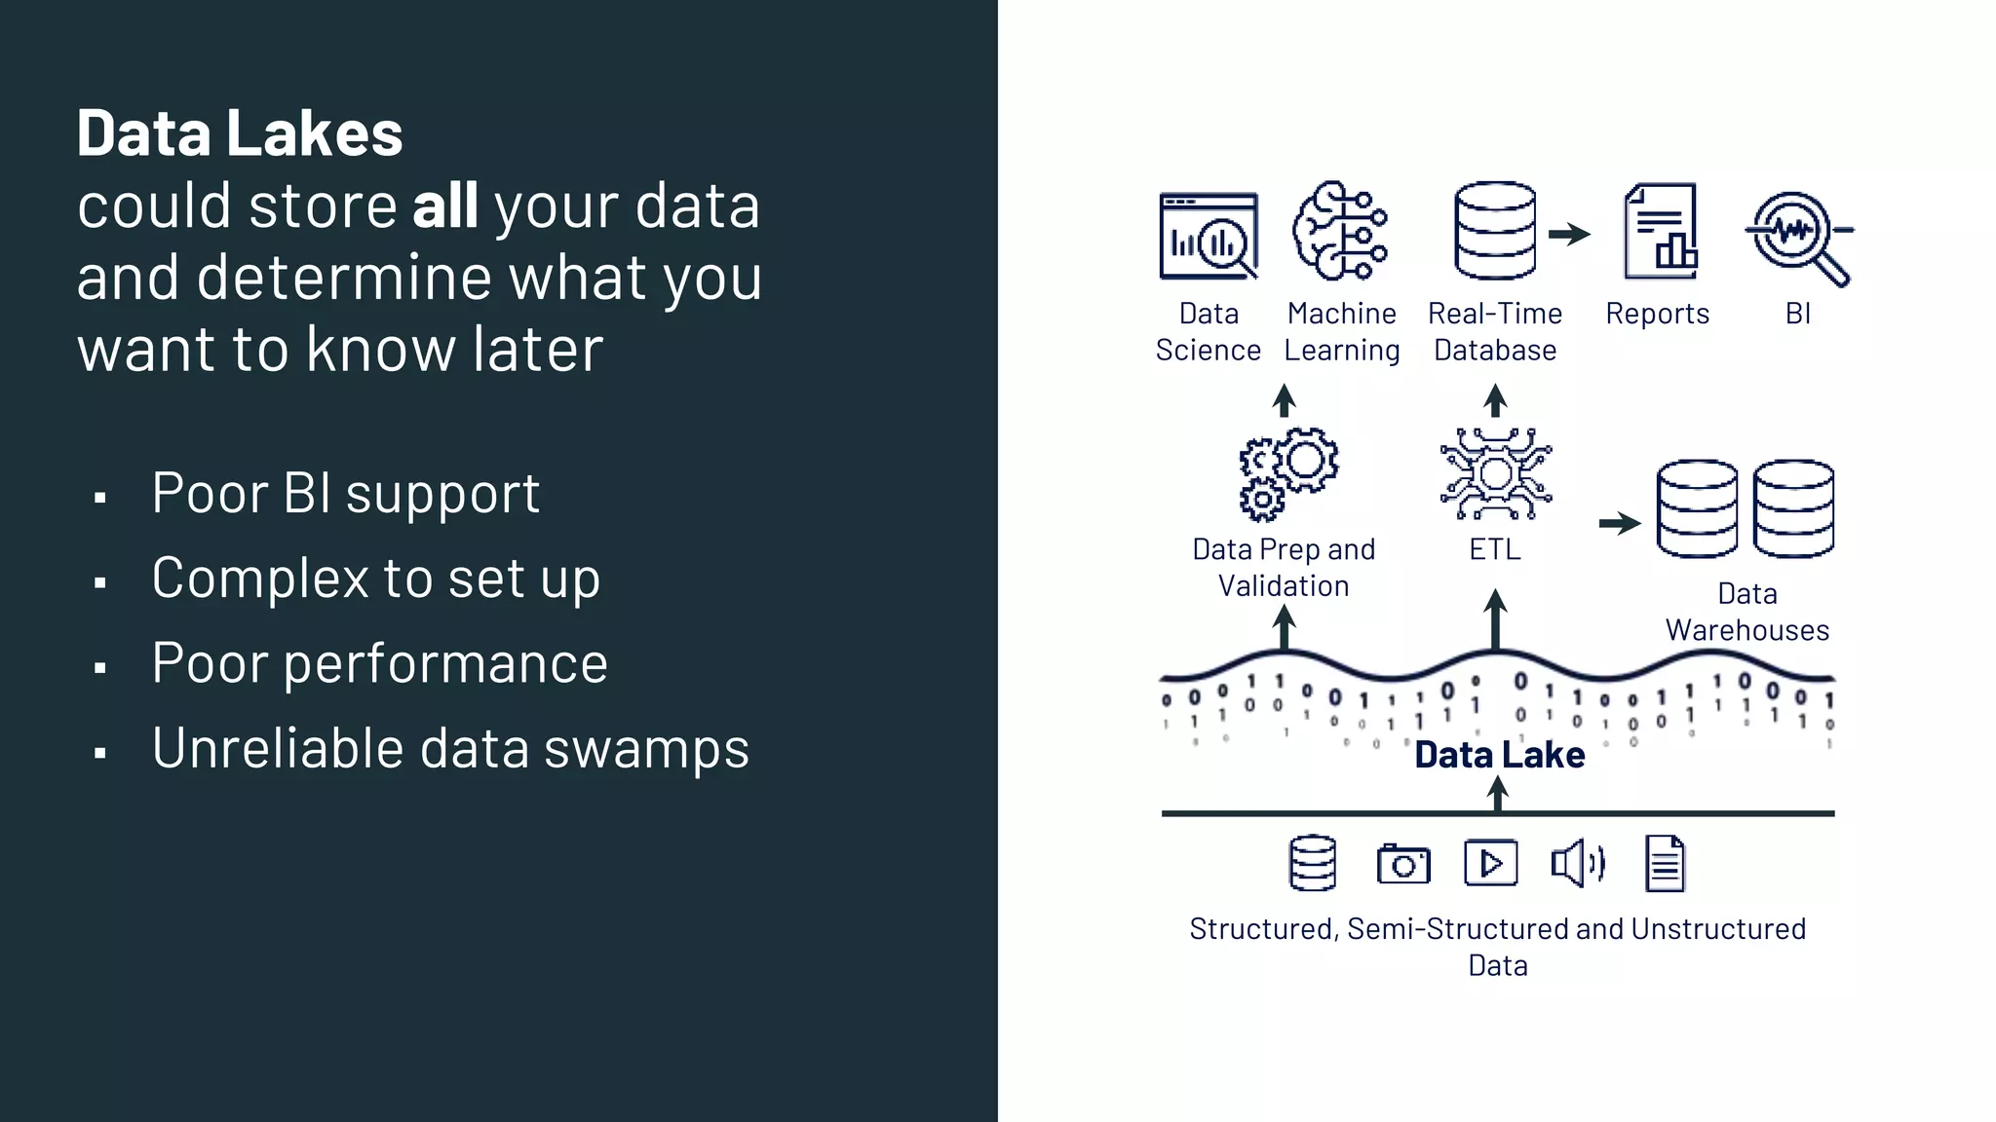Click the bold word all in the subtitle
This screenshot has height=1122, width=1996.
[x=444, y=206]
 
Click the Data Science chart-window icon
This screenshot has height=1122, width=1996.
[x=1209, y=237]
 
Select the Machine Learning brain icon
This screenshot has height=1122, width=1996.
[x=1340, y=232]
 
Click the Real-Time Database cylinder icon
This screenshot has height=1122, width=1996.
[x=1494, y=232]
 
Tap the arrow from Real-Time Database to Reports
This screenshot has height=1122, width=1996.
[x=1569, y=234]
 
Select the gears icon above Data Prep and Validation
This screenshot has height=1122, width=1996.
[x=1287, y=473]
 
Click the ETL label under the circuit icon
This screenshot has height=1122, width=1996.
[x=1494, y=549]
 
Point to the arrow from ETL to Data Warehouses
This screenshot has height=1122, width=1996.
[x=1620, y=523]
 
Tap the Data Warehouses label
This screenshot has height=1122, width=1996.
[x=1746, y=612]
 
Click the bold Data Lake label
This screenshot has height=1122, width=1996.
[x=1499, y=755]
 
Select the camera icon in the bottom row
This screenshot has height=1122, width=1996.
[x=1403, y=864]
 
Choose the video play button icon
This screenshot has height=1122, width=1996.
[x=1490, y=863]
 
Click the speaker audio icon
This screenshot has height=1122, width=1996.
[x=1577, y=863]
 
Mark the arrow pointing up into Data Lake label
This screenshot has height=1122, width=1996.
[x=1498, y=794]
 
